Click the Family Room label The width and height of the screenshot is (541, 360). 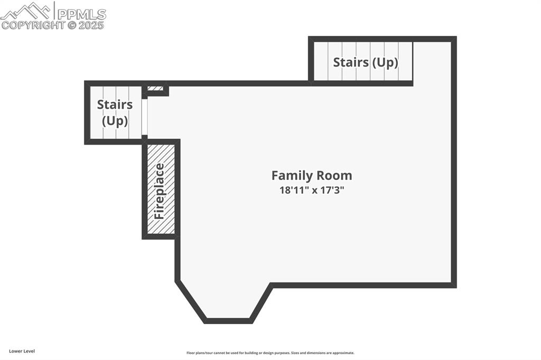pos(312,176)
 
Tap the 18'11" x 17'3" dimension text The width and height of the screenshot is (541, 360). pos(312,190)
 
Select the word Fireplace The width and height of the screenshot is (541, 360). pos(160,192)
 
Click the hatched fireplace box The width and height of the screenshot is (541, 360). pos(161,189)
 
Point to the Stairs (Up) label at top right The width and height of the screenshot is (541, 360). pos(366,62)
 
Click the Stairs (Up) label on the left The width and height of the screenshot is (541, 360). pos(115,112)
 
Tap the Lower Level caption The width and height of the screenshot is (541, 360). pos(22,351)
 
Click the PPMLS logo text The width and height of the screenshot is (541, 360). pos(81,14)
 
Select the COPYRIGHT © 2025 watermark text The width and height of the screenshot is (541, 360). pos(52,25)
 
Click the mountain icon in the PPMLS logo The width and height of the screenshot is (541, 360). pos(26,11)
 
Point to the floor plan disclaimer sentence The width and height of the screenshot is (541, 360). pos(270,353)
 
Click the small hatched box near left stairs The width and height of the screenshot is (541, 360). pos(155,88)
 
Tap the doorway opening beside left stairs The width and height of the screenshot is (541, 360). pos(144,117)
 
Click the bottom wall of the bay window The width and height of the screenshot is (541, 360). pos(228,321)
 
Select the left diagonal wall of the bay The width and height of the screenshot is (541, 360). pos(190,301)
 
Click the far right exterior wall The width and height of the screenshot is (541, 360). pos(454,162)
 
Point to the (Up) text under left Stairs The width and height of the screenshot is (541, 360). pos(115,121)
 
